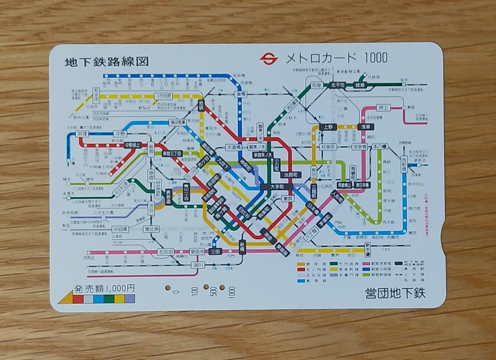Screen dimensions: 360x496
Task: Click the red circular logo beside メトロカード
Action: [x=268, y=59]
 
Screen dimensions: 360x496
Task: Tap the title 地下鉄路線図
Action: [x=107, y=62]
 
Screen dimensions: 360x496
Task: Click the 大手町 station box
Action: [x=277, y=187]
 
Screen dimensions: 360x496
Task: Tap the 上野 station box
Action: [x=328, y=127]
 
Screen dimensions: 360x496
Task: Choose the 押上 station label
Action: [x=383, y=108]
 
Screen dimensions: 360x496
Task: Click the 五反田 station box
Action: [x=167, y=252]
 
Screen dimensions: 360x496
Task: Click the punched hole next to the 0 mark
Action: [x=168, y=287]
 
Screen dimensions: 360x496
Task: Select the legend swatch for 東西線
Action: [x=301, y=281]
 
